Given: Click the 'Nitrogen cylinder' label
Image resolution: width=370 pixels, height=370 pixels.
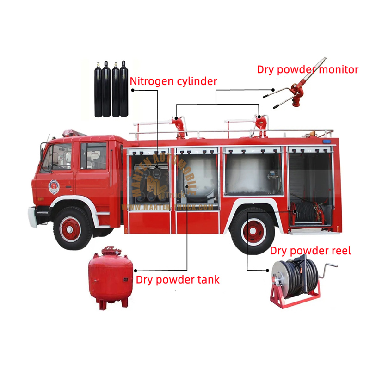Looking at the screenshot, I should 173,82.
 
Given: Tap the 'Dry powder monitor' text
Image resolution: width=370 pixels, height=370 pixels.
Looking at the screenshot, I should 308,70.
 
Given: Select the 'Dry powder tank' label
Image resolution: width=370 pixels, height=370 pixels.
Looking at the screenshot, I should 178,280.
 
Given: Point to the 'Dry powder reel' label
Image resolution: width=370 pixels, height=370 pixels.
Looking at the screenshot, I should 310,251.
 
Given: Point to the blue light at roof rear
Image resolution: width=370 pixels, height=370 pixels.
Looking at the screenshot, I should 327,141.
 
